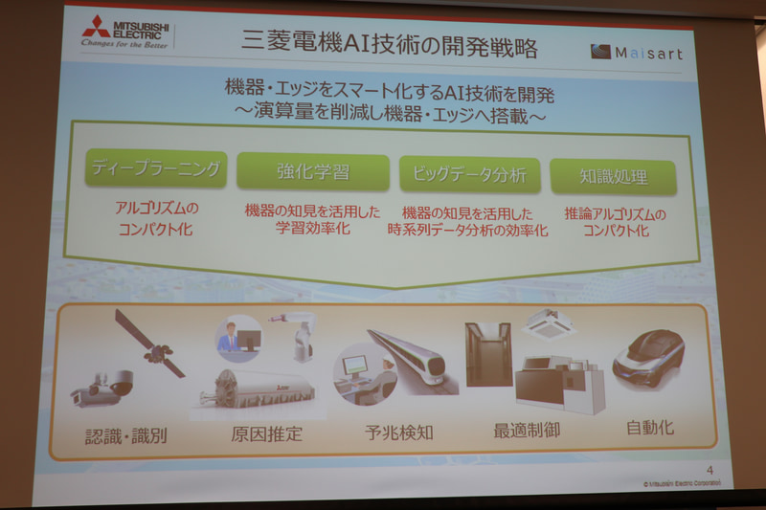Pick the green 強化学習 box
[x=313, y=172]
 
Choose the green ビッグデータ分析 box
[x=469, y=175]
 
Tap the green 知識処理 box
[x=614, y=178]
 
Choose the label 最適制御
[x=527, y=430]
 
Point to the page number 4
[x=710, y=469]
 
